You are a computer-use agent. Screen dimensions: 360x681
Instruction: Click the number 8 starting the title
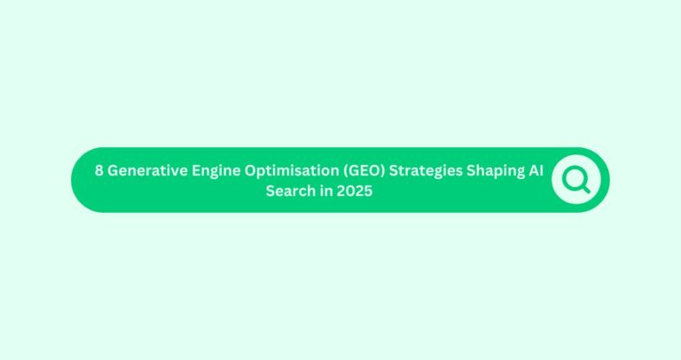[99, 172]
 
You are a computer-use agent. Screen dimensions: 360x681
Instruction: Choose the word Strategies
[428, 172]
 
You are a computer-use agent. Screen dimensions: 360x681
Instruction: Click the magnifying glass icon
[576, 180]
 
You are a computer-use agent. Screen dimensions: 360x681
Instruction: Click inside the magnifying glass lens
[574, 177]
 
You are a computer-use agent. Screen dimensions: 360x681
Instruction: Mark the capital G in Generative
[113, 172]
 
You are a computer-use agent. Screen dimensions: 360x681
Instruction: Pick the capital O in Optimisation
[250, 172]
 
